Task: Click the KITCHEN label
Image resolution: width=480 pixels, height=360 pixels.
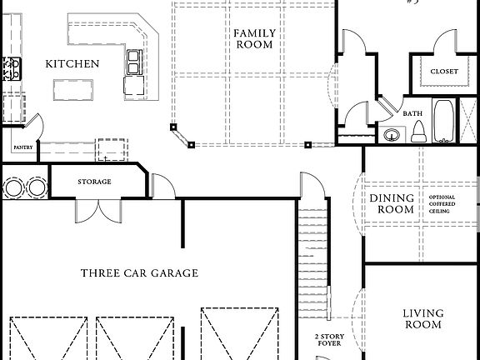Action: tap(72, 63)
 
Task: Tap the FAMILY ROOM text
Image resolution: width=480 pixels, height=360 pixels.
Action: tap(253, 38)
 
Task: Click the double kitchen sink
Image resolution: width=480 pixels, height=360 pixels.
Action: tap(134, 59)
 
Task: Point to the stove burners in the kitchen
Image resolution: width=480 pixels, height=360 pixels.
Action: tap(11, 68)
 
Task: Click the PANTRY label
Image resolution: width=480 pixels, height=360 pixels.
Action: tap(22, 147)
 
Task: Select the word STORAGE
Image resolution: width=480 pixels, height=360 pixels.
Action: tap(94, 182)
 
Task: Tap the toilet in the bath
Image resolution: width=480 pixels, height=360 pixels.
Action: tap(419, 131)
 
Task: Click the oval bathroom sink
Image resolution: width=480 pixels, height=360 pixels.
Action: tap(392, 135)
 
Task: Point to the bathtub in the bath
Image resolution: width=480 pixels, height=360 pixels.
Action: tap(445, 121)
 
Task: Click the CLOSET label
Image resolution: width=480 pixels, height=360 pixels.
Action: tap(443, 72)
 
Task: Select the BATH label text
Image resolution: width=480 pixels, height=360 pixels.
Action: tap(412, 112)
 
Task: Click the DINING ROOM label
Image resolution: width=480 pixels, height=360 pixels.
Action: tap(392, 204)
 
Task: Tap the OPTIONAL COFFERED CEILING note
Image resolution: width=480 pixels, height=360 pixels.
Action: tap(442, 204)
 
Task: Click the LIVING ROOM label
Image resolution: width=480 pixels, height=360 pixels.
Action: tap(422, 319)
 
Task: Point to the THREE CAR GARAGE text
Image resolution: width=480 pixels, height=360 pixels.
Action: tap(139, 272)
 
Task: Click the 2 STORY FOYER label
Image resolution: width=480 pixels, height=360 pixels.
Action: tap(327, 341)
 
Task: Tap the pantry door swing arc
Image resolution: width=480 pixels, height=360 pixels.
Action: tap(35, 125)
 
